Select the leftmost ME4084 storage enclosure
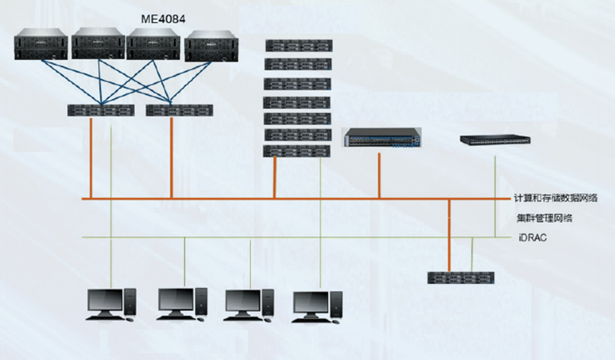click(x=41, y=45)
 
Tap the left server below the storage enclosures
click(x=101, y=110)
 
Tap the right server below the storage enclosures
click(x=179, y=110)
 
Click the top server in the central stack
click(x=298, y=45)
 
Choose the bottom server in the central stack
click(x=297, y=151)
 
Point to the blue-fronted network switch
click(x=381, y=138)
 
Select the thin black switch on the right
click(x=495, y=140)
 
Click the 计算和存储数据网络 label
click(x=556, y=198)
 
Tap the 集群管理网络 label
click(x=544, y=218)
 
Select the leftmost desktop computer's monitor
click(x=105, y=301)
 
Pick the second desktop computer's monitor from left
click(x=175, y=300)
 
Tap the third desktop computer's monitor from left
click(x=242, y=301)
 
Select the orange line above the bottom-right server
click(x=449, y=236)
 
